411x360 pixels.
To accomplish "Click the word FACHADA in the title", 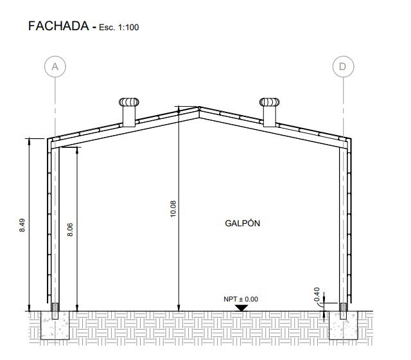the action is [58, 26].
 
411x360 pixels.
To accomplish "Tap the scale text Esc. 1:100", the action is [119, 27].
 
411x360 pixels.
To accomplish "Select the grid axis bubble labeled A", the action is [55, 66].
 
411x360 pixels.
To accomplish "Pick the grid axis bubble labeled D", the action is [343, 66].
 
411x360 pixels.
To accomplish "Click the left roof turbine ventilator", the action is [129, 102].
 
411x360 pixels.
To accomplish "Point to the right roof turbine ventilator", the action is [270, 102].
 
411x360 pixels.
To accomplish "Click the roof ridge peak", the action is [199, 107].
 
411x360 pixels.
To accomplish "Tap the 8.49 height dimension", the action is [22, 225].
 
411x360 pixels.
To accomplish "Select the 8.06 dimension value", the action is [70, 230].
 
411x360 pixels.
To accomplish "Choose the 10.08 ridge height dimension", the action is [173, 209].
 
